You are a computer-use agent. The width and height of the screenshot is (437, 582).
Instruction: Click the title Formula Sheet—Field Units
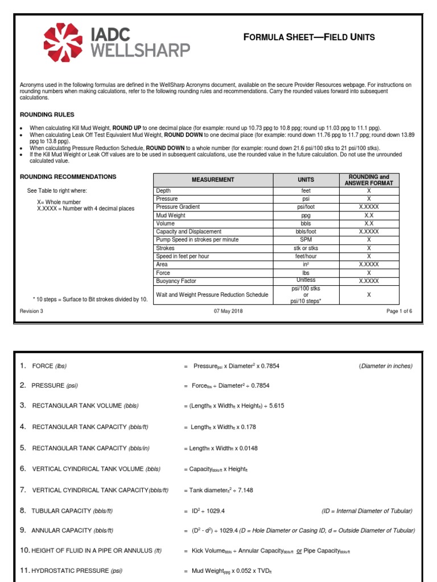click(309, 38)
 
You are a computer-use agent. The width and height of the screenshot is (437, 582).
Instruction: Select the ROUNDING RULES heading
click(47, 115)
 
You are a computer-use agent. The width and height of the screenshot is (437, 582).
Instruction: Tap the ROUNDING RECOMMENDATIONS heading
click(68, 177)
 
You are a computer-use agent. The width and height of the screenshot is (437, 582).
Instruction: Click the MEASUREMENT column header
click(213, 180)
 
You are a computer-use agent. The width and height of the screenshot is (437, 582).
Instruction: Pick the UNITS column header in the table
click(306, 180)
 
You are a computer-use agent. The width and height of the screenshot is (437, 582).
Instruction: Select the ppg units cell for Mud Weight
click(306, 215)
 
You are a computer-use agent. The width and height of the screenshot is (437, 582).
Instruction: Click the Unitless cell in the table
click(306, 281)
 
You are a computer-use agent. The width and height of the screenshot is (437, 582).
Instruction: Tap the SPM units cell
click(306, 240)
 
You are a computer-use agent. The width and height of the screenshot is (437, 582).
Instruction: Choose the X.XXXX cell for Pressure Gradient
click(369, 207)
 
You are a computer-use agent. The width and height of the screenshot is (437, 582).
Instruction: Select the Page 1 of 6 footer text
click(399, 311)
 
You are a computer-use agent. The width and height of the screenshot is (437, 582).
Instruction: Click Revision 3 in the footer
click(31, 311)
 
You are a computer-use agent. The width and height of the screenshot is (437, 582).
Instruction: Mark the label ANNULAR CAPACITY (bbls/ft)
click(72, 530)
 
